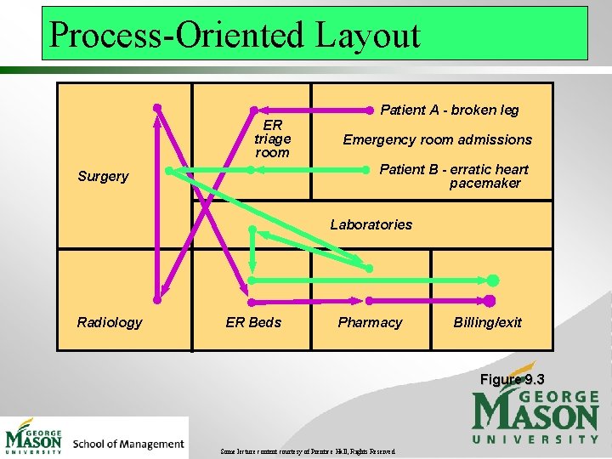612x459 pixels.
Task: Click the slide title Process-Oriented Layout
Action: (235, 35)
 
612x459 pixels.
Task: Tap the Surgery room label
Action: (103, 176)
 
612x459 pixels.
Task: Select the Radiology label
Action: (110, 322)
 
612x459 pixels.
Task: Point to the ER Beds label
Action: (253, 322)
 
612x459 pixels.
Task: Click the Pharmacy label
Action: (370, 322)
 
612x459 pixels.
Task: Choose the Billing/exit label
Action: (488, 322)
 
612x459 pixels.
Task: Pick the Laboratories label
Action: (371, 224)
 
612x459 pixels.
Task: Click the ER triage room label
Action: (272, 139)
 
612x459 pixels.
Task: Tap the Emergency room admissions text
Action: (437, 139)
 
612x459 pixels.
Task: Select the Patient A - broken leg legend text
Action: (450, 110)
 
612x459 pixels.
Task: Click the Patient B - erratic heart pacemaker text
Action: (454, 176)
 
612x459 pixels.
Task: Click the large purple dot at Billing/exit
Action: (490, 300)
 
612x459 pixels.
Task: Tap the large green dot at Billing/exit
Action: (493, 280)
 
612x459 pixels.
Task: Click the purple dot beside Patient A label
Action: (369, 110)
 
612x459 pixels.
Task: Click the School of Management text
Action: (128, 443)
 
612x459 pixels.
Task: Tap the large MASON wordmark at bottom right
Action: (535, 415)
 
